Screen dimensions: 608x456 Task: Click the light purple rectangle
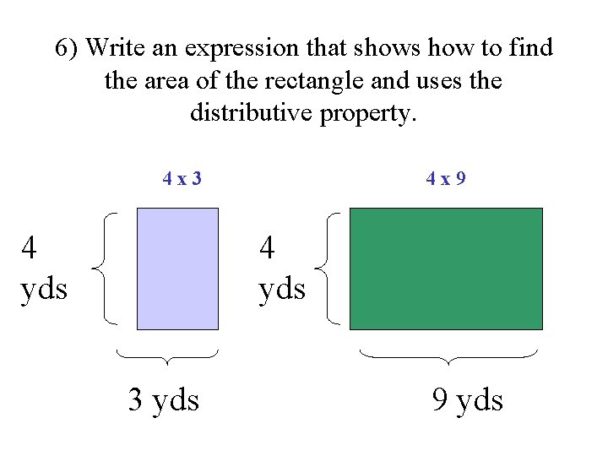click(177, 269)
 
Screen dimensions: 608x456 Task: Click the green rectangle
click(445, 269)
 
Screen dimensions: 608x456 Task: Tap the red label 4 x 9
click(446, 179)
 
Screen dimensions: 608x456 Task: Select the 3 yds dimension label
click(164, 399)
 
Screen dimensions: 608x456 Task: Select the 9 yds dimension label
click(467, 399)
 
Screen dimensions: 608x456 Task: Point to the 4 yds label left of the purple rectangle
click(43, 269)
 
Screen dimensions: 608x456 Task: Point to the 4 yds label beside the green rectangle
click(282, 269)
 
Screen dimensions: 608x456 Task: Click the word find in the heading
click(530, 48)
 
